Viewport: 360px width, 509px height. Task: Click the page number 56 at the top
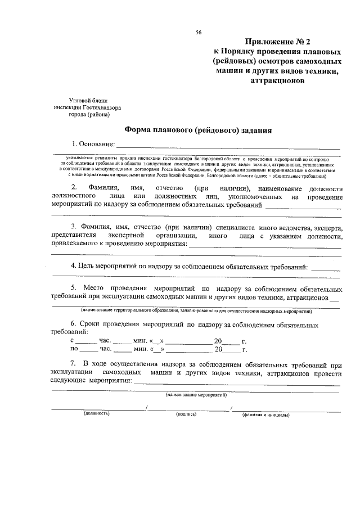pos(199,32)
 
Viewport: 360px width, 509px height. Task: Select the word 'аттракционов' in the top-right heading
pos(276,80)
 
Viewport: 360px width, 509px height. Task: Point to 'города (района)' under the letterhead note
pos(89,114)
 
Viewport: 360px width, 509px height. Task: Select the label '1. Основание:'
pos(92,146)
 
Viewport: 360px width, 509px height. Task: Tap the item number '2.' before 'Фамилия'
pos(74,188)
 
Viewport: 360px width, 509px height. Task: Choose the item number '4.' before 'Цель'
pos(73,265)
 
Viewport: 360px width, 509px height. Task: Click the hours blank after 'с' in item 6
pos(86,342)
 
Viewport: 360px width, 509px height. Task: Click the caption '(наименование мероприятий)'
pos(196,397)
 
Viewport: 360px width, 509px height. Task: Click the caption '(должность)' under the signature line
pos(97,413)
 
